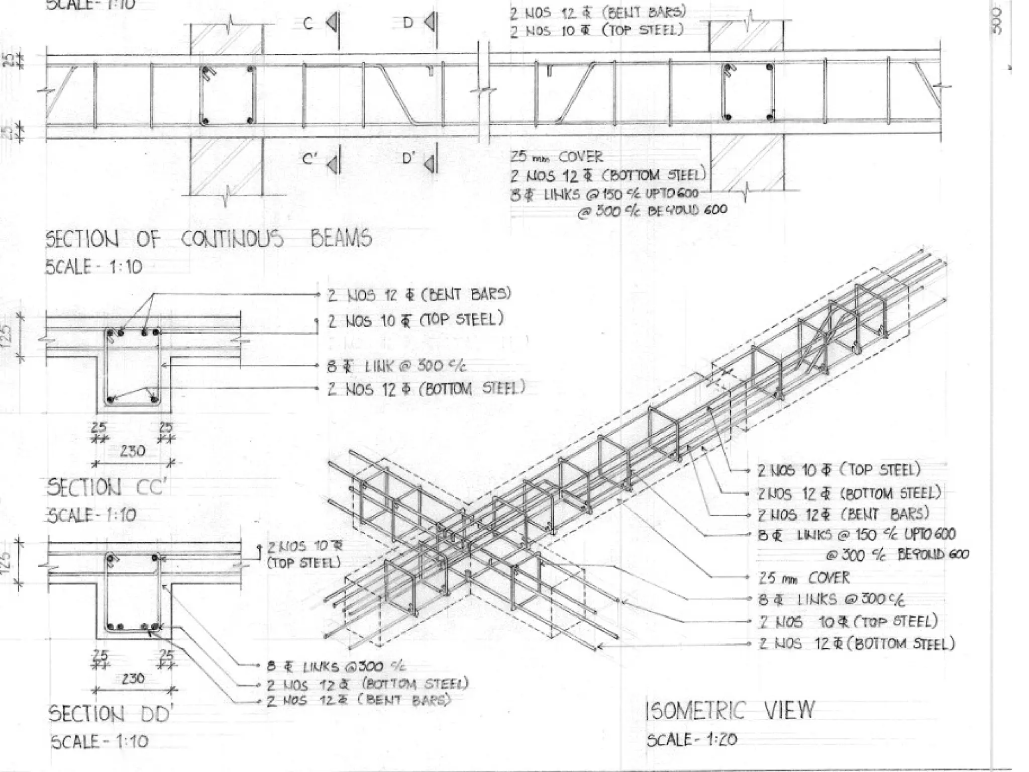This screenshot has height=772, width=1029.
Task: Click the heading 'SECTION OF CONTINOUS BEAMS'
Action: pyautogui.click(x=209, y=239)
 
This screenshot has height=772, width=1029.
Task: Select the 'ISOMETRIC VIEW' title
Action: pyautogui.click(x=730, y=711)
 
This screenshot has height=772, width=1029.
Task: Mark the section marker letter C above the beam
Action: pyautogui.click(x=308, y=24)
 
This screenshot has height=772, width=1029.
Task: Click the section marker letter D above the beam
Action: pyautogui.click(x=408, y=23)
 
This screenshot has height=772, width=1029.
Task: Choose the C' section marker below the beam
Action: pyautogui.click(x=310, y=159)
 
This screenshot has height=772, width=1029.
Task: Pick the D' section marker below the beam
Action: pyautogui.click(x=409, y=159)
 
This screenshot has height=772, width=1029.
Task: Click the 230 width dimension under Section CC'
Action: pyautogui.click(x=132, y=451)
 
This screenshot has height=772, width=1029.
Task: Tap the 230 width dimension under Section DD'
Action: pyautogui.click(x=133, y=679)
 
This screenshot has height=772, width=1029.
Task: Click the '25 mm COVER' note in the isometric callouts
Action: pyautogui.click(x=804, y=578)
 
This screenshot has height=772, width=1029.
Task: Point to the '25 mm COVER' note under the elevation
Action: pyautogui.click(x=557, y=157)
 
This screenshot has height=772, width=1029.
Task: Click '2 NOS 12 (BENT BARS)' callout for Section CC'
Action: pyautogui.click(x=420, y=294)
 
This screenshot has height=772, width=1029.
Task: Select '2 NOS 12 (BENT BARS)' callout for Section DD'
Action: pyautogui.click(x=358, y=700)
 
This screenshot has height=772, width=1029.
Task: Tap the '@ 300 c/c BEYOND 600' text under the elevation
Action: pyautogui.click(x=652, y=211)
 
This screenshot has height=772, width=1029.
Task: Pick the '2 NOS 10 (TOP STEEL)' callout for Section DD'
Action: pyautogui.click(x=304, y=554)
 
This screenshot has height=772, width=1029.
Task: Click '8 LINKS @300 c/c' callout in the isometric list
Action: pyautogui.click(x=832, y=600)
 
